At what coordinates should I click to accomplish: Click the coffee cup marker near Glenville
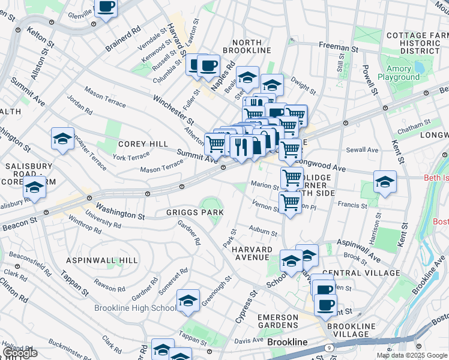106,7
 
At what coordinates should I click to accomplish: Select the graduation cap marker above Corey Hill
62,139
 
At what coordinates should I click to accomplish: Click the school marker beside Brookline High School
188,301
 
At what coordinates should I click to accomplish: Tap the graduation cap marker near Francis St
385,182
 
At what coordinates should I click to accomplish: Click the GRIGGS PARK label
195,212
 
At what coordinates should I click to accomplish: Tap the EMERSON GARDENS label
278,321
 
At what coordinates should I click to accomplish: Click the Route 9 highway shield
329,347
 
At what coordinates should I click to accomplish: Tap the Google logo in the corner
20,353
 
